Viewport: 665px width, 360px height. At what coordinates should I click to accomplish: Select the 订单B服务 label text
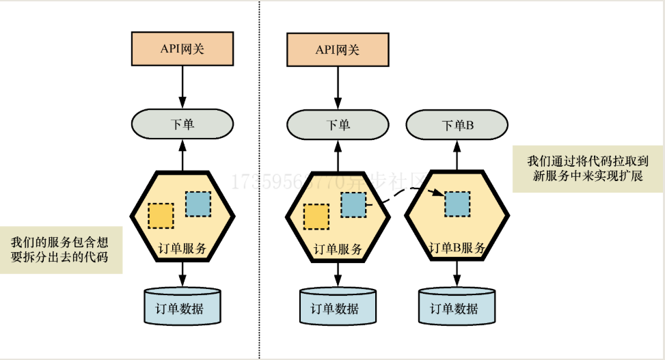(x=457, y=247)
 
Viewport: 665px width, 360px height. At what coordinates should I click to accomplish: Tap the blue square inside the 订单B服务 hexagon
(x=457, y=204)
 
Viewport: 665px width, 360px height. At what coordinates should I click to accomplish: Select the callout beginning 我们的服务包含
(x=60, y=249)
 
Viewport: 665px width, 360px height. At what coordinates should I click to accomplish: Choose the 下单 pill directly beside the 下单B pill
(x=338, y=125)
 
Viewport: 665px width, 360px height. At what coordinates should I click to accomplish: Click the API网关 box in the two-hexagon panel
(x=338, y=50)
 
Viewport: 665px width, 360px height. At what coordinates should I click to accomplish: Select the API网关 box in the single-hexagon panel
(x=182, y=50)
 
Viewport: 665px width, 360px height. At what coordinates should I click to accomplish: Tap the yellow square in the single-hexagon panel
(x=161, y=215)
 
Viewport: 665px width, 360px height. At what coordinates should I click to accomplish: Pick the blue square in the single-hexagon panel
(x=198, y=204)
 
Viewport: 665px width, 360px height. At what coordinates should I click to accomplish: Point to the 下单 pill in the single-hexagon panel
(x=182, y=125)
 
